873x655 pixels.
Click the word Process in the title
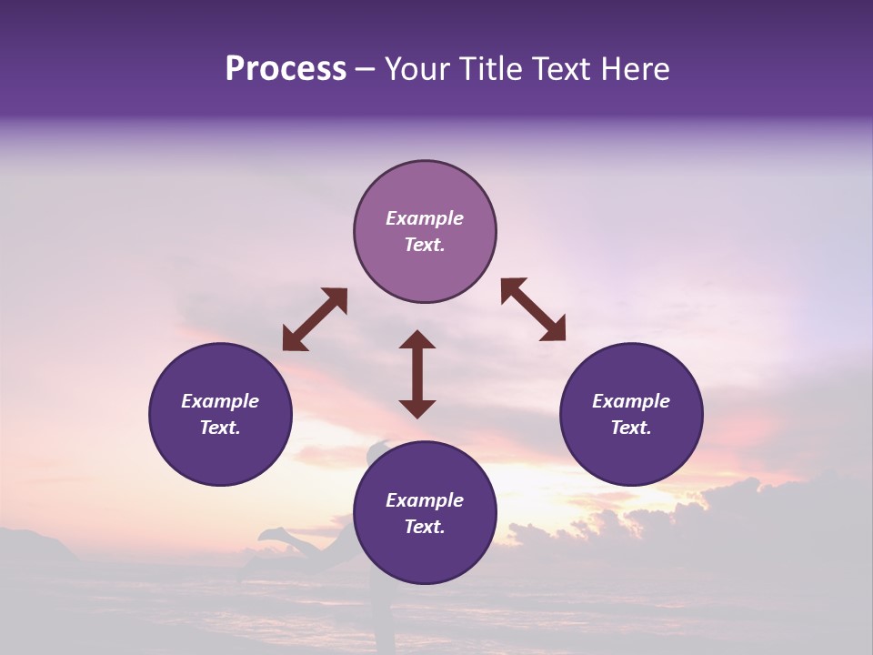(x=286, y=69)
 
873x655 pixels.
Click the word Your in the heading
(x=415, y=69)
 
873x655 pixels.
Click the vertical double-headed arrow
(x=417, y=374)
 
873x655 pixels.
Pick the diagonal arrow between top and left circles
(x=315, y=319)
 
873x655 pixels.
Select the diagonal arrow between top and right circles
(x=533, y=309)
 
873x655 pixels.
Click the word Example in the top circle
(x=425, y=218)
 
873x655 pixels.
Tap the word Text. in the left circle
(x=220, y=428)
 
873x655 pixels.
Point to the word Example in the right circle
(x=631, y=401)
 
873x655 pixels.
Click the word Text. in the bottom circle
(x=425, y=527)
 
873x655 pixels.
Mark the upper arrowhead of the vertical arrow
(x=417, y=340)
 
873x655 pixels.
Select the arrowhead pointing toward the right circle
(x=554, y=330)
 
